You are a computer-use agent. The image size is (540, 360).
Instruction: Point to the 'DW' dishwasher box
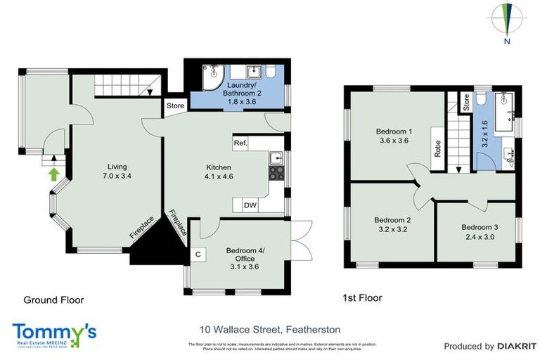pyautogui.click(x=250, y=205)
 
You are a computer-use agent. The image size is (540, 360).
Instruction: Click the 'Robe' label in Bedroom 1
pyautogui.click(x=437, y=149)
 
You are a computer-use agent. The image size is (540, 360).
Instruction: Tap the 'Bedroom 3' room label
pyautogui.click(x=480, y=227)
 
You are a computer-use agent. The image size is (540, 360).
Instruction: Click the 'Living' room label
pyautogui.click(x=108, y=166)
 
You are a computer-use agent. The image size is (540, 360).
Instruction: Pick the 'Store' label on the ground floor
pyautogui.click(x=175, y=106)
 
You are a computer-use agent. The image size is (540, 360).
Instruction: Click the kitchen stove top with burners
pyautogui.click(x=276, y=173)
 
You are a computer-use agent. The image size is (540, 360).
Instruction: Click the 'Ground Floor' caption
pyautogui.click(x=53, y=300)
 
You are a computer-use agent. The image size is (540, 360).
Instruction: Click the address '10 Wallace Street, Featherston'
pyautogui.click(x=259, y=329)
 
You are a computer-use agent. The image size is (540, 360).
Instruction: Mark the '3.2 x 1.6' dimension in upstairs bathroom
pyautogui.click(x=483, y=133)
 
